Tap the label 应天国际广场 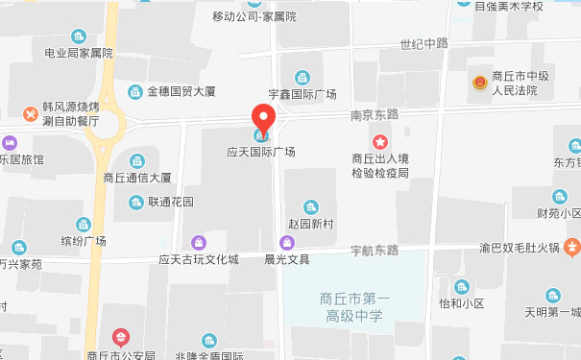point(261,152)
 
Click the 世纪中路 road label point(425,43)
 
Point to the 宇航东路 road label point(374,251)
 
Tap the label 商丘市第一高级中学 point(353,306)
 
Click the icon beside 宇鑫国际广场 point(303,78)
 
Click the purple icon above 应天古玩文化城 point(199,242)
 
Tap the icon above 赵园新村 point(310,206)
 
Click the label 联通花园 point(170,203)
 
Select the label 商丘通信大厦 point(137,178)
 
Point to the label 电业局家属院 point(72,53)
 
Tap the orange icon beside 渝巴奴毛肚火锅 point(571,247)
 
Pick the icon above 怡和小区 point(462,286)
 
